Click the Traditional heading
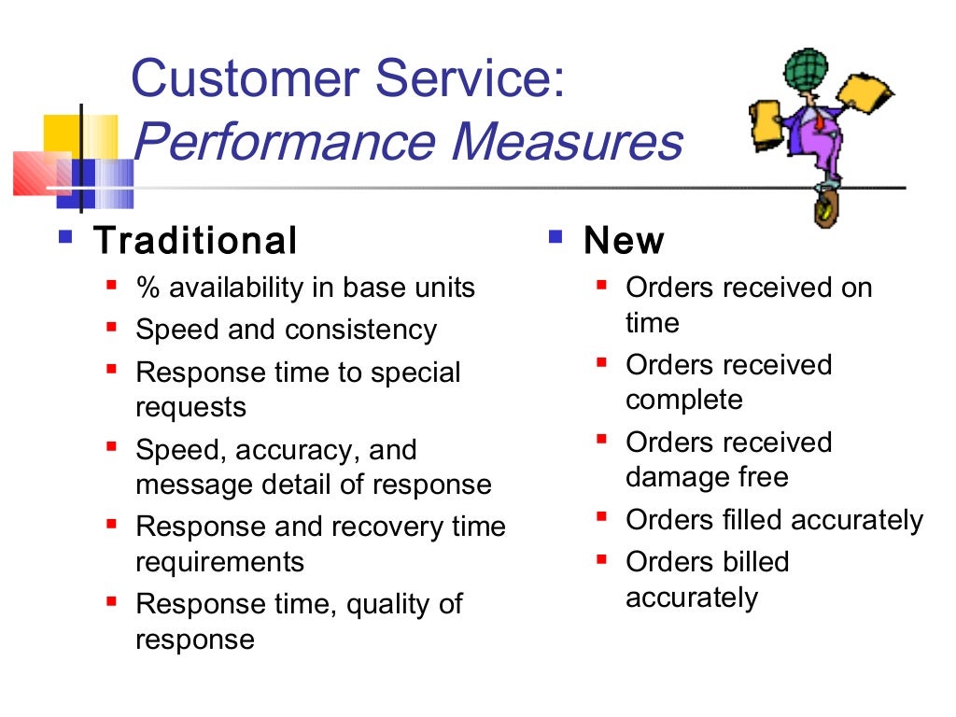point(195,241)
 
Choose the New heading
point(624,241)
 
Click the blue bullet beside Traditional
point(64,237)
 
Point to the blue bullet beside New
point(555,237)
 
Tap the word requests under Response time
point(190,408)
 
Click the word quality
point(388,604)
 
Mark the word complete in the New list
point(684,400)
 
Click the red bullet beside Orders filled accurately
point(602,515)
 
